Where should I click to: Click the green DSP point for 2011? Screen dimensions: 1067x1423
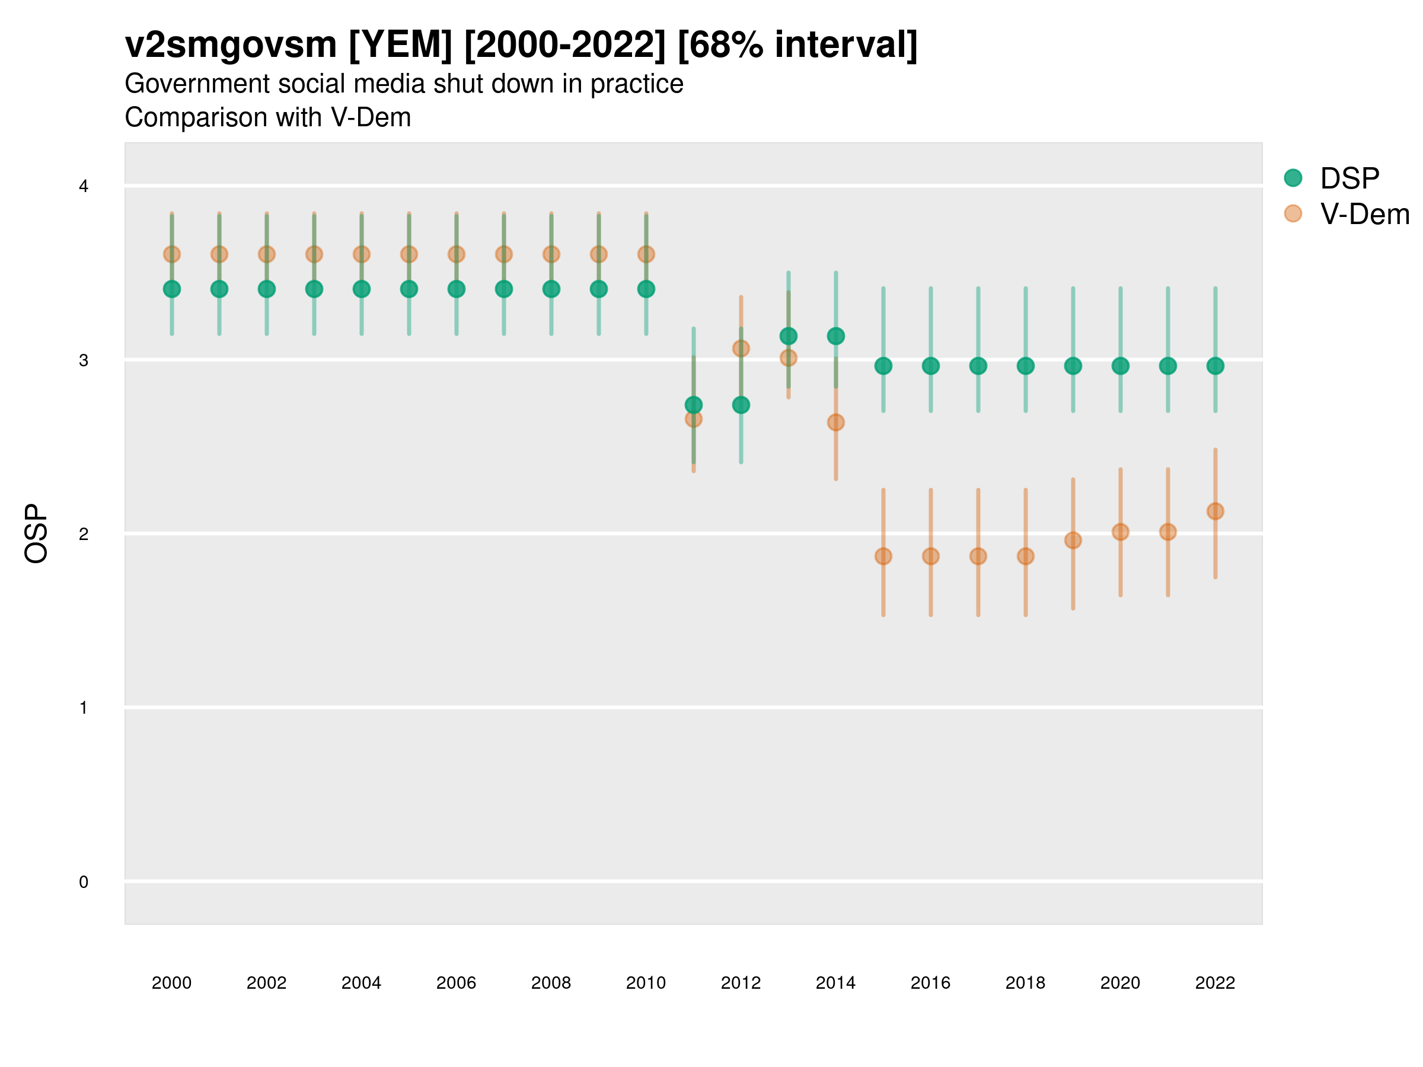[694, 404]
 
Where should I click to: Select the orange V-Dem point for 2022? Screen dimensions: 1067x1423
[1215, 512]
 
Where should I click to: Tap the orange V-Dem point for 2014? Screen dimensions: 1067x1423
[835, 423]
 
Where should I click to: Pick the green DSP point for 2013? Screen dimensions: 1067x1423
[788, 336]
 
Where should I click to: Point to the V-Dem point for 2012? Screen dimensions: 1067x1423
[741, 349]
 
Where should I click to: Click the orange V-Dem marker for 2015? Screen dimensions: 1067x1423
[883, 557]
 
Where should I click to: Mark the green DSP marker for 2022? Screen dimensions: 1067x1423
[1215, 366]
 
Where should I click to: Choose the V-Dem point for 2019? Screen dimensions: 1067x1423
[1073, 540]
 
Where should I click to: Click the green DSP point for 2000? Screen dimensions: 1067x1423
[172, 289]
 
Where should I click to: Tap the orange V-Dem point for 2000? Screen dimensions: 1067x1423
[172, 254]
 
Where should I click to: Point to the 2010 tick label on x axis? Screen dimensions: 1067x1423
[646, 983]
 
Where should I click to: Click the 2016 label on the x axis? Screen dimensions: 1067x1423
[930, 983]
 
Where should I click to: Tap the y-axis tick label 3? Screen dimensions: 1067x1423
[84, 361]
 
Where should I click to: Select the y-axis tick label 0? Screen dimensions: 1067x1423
[84, 882]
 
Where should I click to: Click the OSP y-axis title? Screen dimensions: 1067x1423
[36, 534]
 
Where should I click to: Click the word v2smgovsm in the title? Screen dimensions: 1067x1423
[230, 45]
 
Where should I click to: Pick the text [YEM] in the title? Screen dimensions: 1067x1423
[400, 45]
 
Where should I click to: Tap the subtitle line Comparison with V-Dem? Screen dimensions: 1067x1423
[267, 118]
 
